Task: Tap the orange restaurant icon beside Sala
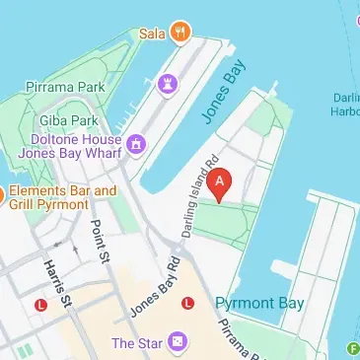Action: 179,32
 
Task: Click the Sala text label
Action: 151,32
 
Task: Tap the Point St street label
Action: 100,241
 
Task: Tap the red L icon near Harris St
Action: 40,305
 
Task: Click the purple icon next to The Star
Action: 178,342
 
